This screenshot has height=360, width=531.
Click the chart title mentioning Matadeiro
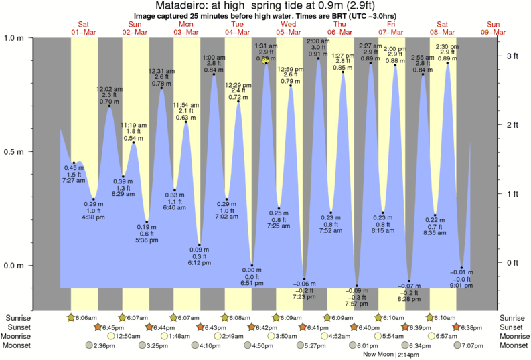click(x=265, y=6)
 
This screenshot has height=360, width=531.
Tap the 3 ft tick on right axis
click(x=512, y=56)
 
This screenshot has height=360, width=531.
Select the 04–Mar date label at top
click(x=238, y=32)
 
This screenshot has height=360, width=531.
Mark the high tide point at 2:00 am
click(x=317, y=59)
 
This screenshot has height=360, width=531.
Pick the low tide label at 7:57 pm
click(x=356, y=303)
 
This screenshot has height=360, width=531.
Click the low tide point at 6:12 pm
click(x=200, y=245)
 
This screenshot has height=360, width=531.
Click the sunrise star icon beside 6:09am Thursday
click(x=327, y=317)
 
